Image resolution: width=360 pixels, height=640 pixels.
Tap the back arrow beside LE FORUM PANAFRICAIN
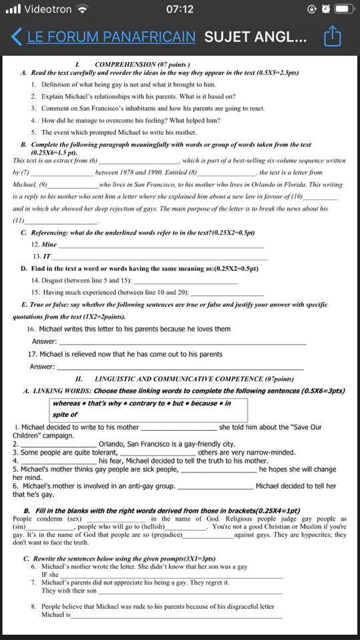click(17, 36)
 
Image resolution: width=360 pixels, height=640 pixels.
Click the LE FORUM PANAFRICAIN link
click(111, 36)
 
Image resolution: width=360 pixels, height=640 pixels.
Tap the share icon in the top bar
click(333, 36)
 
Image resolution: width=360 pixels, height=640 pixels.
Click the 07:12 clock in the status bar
click(179, 9)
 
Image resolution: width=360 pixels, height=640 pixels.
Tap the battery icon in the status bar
click(345, 9)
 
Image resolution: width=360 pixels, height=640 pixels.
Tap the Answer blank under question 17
click(180, 367)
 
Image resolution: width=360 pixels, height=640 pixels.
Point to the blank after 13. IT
click(160, 257)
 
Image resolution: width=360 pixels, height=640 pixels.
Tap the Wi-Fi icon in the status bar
click(82, 9)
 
